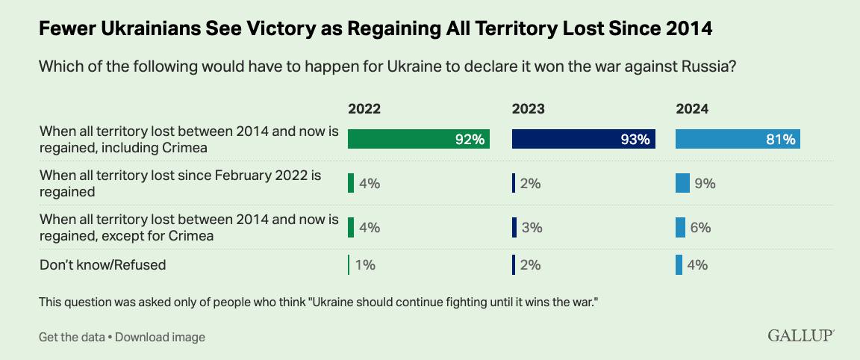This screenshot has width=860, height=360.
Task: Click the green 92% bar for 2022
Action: point(418,139)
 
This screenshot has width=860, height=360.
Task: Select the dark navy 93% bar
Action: point(583,139)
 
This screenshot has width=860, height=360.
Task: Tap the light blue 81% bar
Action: point(738,139)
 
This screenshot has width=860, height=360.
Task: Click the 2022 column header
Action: point(364,109)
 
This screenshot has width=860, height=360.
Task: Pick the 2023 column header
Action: point(528,109)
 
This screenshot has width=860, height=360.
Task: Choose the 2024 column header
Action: point(692,109)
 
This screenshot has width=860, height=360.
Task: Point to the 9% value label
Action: point(705,183)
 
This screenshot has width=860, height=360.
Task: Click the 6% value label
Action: point(700,227)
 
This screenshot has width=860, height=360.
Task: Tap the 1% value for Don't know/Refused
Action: point(365,265)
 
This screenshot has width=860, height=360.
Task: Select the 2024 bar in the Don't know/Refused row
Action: point(679,265)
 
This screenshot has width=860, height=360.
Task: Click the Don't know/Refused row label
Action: point(102,264)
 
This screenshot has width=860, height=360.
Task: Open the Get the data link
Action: point(72,337)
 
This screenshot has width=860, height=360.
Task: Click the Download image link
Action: point(160,337)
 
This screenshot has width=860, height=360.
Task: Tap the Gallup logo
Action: point(801,336)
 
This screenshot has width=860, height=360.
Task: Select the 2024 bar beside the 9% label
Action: point(682,183)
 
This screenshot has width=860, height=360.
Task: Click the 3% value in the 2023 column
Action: point(532,227)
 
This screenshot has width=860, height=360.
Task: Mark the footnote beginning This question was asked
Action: point(319,303)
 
